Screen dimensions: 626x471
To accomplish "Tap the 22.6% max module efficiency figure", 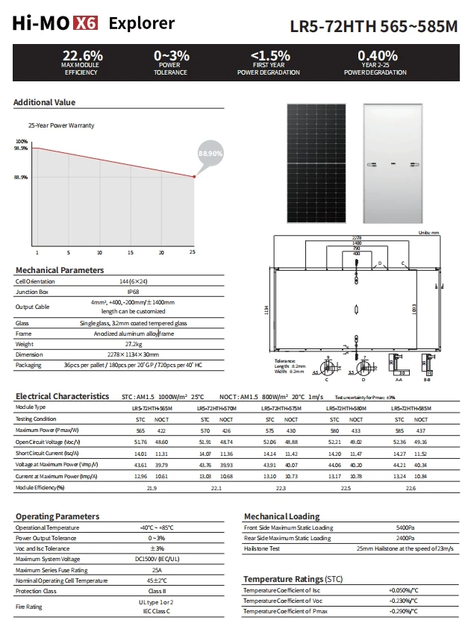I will coord(82,56).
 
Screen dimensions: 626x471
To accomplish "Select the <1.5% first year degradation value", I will coord(269,56).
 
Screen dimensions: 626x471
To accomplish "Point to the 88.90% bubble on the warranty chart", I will coord(210,153).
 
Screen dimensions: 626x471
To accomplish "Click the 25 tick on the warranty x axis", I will coord(193,252).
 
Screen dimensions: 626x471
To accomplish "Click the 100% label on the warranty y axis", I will coord(21,141).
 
